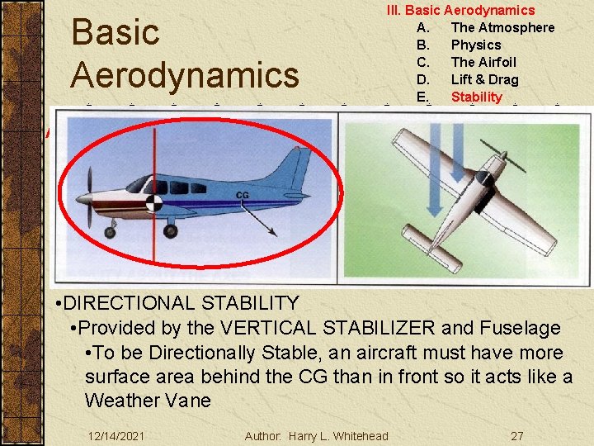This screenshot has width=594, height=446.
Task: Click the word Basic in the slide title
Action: (115, 33)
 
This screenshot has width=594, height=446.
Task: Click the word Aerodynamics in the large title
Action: (185, 75)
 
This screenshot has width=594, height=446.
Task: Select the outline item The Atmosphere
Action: (502, 27)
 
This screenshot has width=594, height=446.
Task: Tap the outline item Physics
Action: (475, 45)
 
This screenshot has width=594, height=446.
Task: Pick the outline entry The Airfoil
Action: (483, 62)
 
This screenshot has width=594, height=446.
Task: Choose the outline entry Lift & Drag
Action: (484, 79)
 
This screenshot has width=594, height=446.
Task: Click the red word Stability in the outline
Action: (476, 97)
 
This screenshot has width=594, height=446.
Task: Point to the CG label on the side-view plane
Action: (243, 196)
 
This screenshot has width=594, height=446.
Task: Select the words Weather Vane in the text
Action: (148, 401)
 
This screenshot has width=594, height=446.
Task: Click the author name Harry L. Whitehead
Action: (338, 436)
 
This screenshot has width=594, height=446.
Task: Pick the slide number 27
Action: (516, 436)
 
